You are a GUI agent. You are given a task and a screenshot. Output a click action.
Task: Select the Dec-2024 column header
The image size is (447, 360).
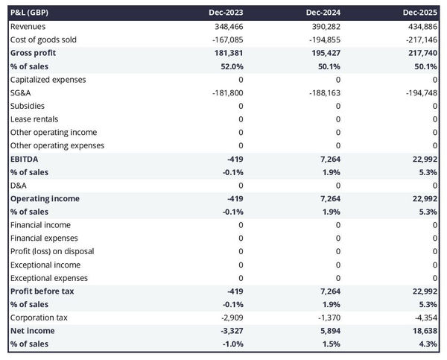pos(323,13)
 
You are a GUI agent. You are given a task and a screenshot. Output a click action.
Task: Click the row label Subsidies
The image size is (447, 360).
pos(28,106)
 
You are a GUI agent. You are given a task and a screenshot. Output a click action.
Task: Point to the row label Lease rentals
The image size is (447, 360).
pos(34,119)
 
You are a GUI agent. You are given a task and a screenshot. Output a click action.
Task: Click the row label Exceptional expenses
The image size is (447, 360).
pos(48,278)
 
